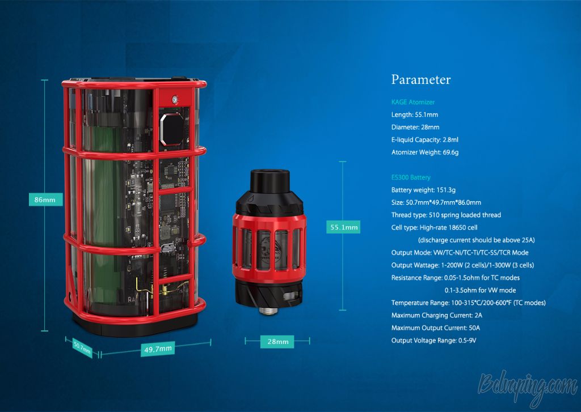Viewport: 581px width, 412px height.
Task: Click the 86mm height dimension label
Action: (45, 199)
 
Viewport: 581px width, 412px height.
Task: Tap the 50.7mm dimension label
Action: (82, 347)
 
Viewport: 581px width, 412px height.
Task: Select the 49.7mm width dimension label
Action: (158, 349)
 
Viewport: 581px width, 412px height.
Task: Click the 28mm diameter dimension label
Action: (277, 341)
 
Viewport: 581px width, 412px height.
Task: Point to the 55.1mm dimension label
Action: (343, 227)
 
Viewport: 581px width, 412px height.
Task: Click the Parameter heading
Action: (421, 79)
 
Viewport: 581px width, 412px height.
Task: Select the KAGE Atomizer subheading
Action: (413, 102)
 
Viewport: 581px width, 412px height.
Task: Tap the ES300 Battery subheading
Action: (411, 177)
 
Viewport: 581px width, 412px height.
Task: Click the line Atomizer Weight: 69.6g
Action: (425, 152)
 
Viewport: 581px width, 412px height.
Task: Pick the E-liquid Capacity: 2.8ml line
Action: (424, 139)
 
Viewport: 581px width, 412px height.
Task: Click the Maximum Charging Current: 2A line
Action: (437, 316)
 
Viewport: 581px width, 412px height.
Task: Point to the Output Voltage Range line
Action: (433, 341)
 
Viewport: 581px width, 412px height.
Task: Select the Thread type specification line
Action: (446, 215)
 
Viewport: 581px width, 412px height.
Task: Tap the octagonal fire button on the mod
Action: (171, 129)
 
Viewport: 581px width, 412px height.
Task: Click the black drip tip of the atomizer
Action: (270, 180)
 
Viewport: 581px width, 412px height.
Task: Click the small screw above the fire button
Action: (175, 99)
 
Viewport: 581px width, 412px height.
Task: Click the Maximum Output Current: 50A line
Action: (435, 328)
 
